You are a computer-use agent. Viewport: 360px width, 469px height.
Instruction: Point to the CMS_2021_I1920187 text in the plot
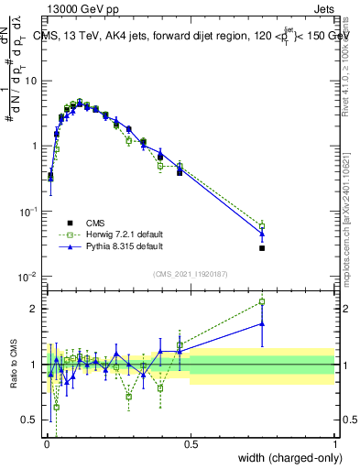tap(191, 273)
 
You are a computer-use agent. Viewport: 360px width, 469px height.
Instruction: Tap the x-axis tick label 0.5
tap(191, 443)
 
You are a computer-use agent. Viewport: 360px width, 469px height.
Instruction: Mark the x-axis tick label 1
tap(335, 443)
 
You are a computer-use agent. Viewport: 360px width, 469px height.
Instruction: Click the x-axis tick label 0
tap(46, 443)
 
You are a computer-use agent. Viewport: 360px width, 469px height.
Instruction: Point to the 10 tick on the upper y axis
tap(34, 81)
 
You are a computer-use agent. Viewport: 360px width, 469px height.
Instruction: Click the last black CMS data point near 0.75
tap(262, 248)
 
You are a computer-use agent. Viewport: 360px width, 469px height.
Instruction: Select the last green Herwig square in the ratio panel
tap(262, 301)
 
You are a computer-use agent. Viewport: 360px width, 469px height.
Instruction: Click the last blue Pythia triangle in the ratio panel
tap(262, 323)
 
